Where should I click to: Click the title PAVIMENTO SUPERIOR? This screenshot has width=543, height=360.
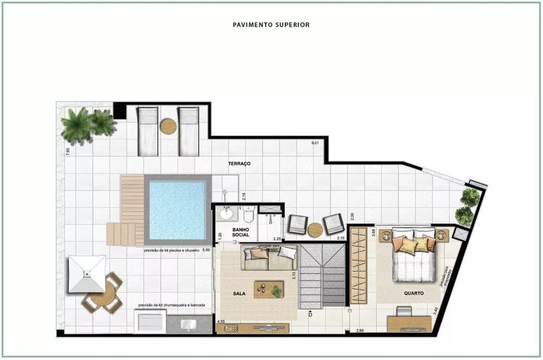coord(271,24)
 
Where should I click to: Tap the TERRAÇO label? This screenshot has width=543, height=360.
coord(239,163)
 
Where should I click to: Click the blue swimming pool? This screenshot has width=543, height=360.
coord(178,210)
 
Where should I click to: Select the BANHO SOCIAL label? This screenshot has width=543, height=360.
coord(241,232)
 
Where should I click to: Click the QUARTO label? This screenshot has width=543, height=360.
coord(414,293)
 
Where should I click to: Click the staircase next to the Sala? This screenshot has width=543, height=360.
coord(323,276)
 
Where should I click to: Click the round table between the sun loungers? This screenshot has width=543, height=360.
coord(168,127)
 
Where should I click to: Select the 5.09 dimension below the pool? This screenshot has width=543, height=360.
coord(206,251)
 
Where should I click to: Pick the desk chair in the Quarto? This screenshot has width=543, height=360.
coord(404,312)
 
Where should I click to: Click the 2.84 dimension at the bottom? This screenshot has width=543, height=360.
coord(359,331)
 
